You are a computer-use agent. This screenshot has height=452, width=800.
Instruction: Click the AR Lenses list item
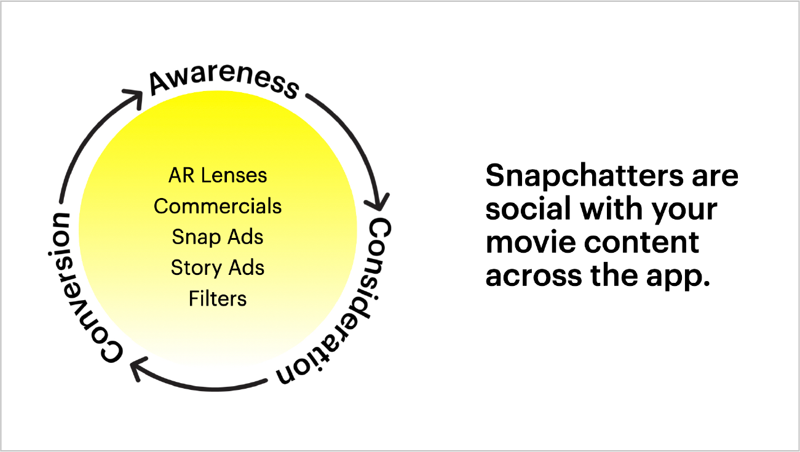click(218, 175)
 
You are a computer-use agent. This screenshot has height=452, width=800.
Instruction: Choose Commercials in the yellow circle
click(218, 206)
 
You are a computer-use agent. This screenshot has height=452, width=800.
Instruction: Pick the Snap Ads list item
click(218, 237)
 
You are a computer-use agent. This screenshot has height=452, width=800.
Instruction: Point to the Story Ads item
click(218, 268)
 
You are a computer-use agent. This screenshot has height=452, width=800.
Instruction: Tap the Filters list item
click(218, 299)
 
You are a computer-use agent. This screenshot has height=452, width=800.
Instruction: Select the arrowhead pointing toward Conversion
click(139, 368)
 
